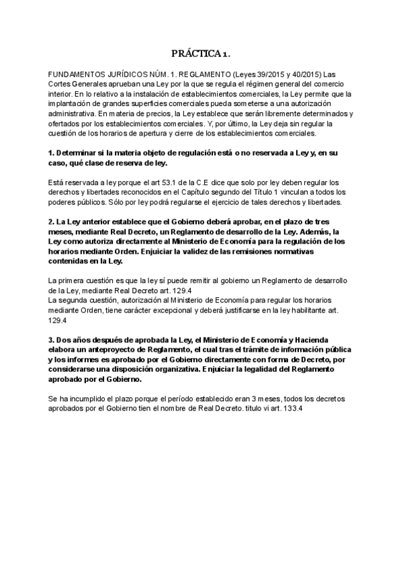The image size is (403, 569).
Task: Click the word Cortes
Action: click(x=62, y=83)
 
